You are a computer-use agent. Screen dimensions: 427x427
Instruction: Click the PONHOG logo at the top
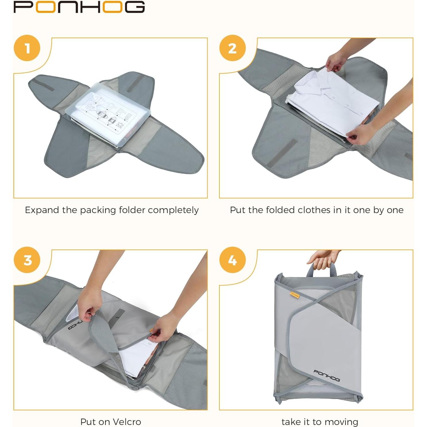click(79, 7)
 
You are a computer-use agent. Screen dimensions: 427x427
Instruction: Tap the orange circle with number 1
click(27, 48)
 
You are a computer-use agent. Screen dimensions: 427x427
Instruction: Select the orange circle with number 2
click(232, 48)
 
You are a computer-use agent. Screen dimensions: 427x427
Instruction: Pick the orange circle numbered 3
click(27, 260)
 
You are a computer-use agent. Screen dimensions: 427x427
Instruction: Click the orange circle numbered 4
click(232, 260)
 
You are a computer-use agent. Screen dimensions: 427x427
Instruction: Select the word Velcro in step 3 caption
click(127, 422)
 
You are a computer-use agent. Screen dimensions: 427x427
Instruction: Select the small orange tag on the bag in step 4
click(295, 294)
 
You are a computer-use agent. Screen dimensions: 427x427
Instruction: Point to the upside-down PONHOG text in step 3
click(75, 326)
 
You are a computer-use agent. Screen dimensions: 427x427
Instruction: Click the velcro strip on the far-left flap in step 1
click(45, 86)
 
